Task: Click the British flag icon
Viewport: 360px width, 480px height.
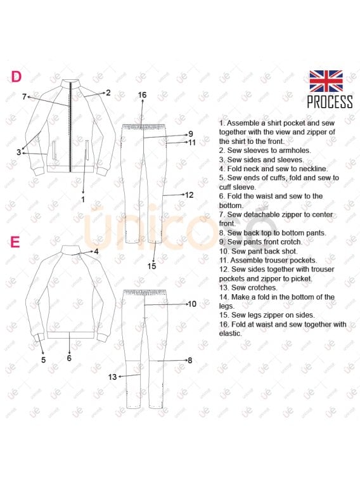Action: coord(326,81)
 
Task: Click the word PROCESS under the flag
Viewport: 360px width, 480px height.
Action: coord(330,102)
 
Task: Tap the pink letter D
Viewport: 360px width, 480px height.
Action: coord(16,77)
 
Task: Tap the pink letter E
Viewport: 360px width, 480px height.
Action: coord(15,242)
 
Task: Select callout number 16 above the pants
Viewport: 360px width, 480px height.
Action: coord(142,95)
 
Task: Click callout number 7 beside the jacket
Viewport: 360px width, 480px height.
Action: coord(25,97)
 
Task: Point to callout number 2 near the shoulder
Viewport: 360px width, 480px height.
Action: coord(108,93)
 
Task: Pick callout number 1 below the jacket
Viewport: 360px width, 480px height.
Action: coord(82,199)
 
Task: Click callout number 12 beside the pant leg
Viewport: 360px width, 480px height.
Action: coord(190,195)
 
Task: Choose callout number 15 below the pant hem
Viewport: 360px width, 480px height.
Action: coord(151,266)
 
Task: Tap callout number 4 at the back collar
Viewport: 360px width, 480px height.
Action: coord(96,252)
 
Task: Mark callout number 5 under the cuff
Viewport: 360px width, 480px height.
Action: coord(44,360)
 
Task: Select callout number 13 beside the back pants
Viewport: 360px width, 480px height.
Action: coord(113,377)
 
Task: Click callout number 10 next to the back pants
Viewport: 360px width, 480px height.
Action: coord(192,304)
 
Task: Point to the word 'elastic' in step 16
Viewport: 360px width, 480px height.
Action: coord(230,334)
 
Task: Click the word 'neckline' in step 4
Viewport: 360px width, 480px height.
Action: coord(314,169)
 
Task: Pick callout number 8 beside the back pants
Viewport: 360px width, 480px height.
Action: coord(190,360)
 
